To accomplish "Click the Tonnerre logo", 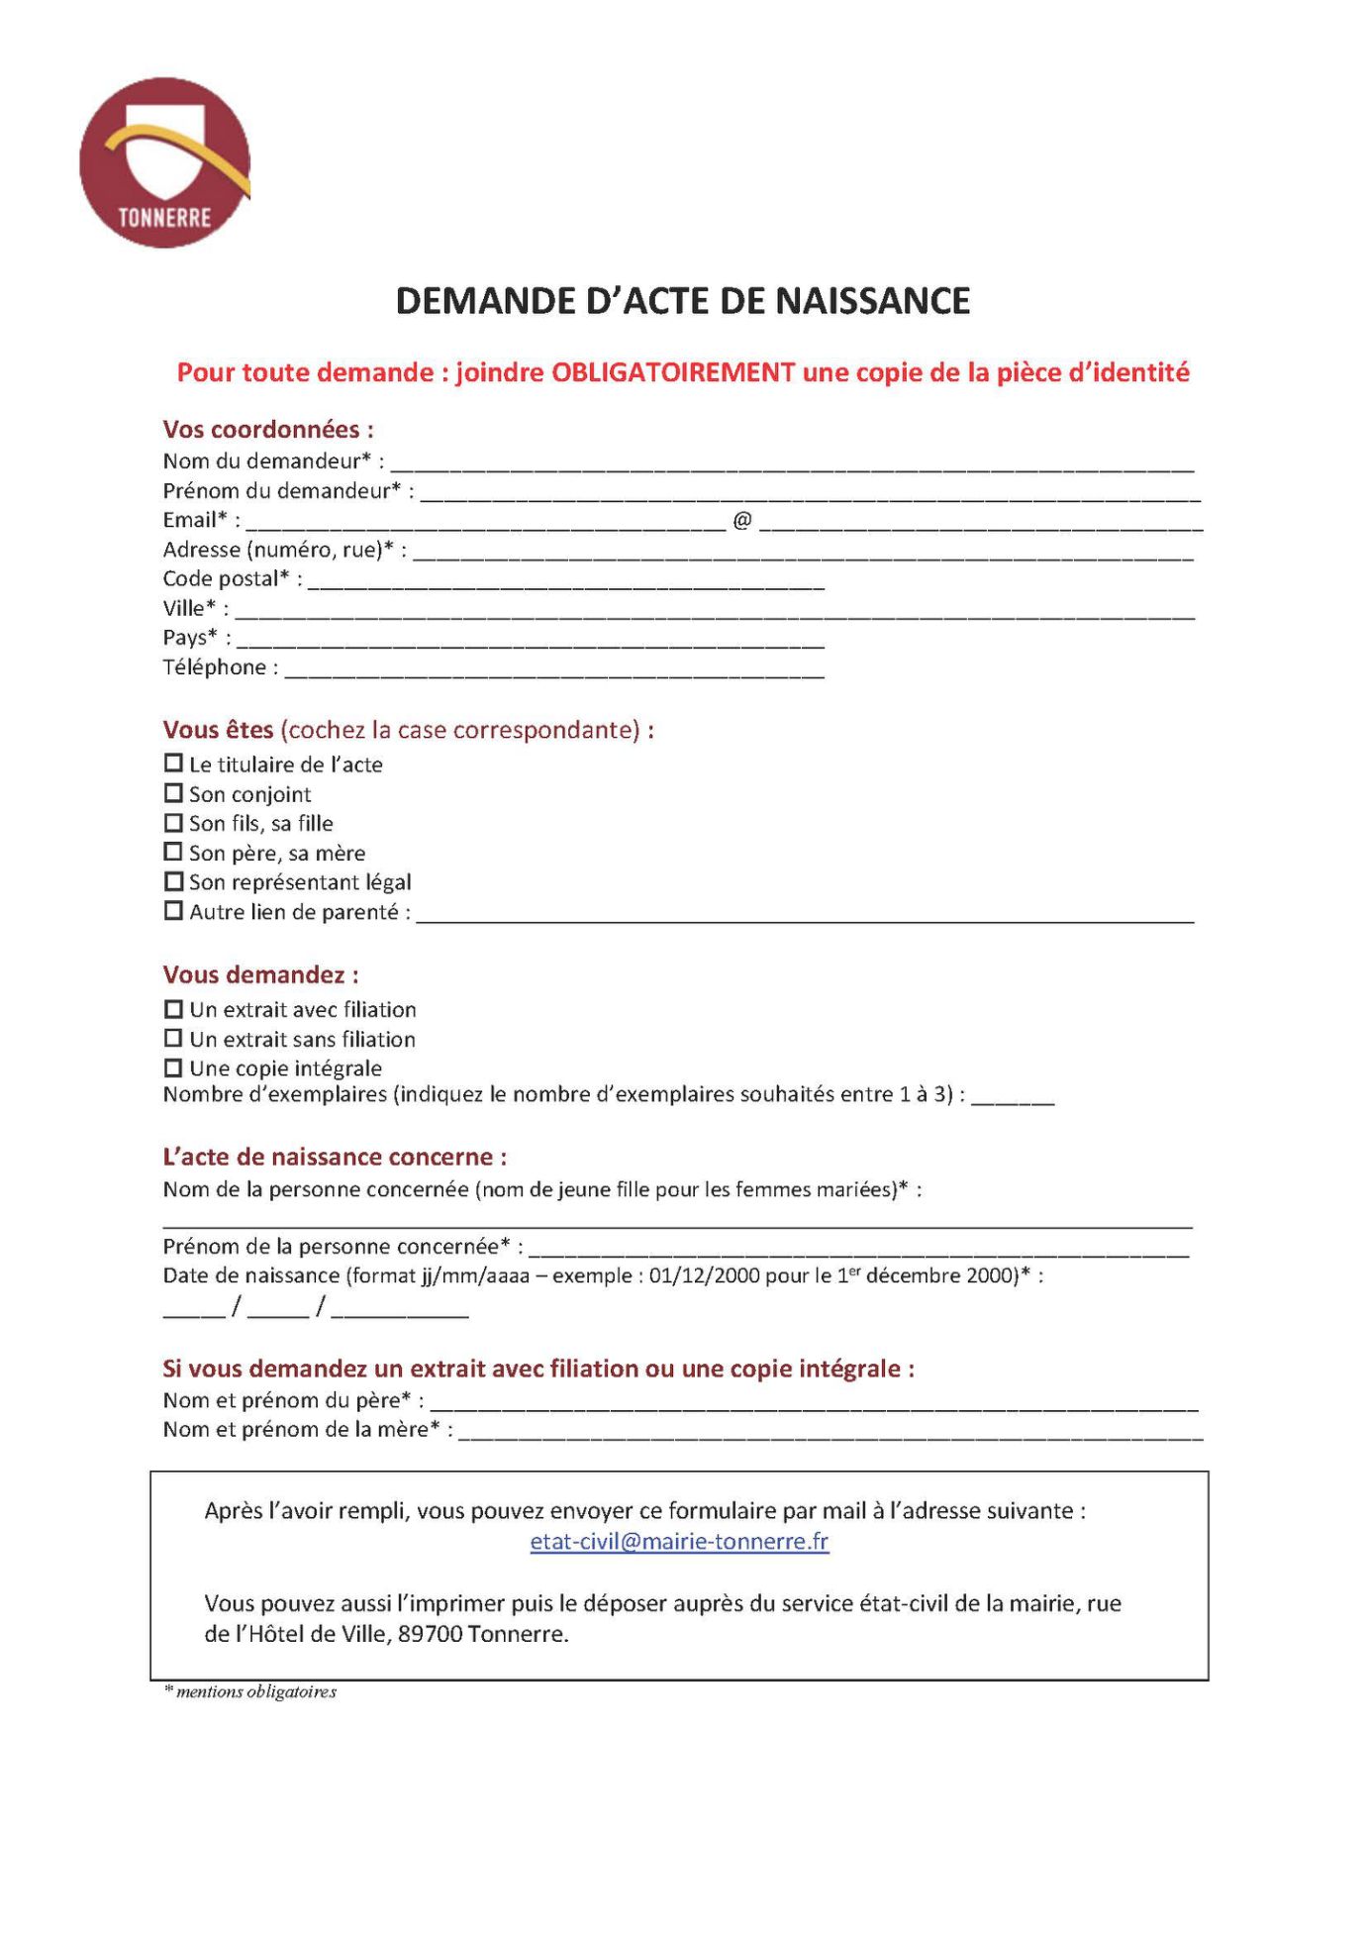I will (x=164, y=163).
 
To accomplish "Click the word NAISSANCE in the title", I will (x=872, y=301).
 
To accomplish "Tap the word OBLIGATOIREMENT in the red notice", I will (x=673, y=372).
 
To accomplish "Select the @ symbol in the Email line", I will (x=742, y=520).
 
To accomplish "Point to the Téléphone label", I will (x=215, y=667).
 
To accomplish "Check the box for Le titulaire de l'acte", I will (x=173, y=764).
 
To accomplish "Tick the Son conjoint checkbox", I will (x=173, y=793).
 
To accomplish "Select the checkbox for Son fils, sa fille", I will (x=173, y=823).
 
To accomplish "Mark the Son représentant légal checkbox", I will (x=173, y=881).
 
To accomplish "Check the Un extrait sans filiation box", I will (x=173, y=1038).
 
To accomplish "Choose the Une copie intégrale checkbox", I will (x=173, y=1068).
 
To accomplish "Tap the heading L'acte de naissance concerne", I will (x=335, y=1157).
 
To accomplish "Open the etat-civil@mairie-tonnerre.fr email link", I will (x=679, y=1542).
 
